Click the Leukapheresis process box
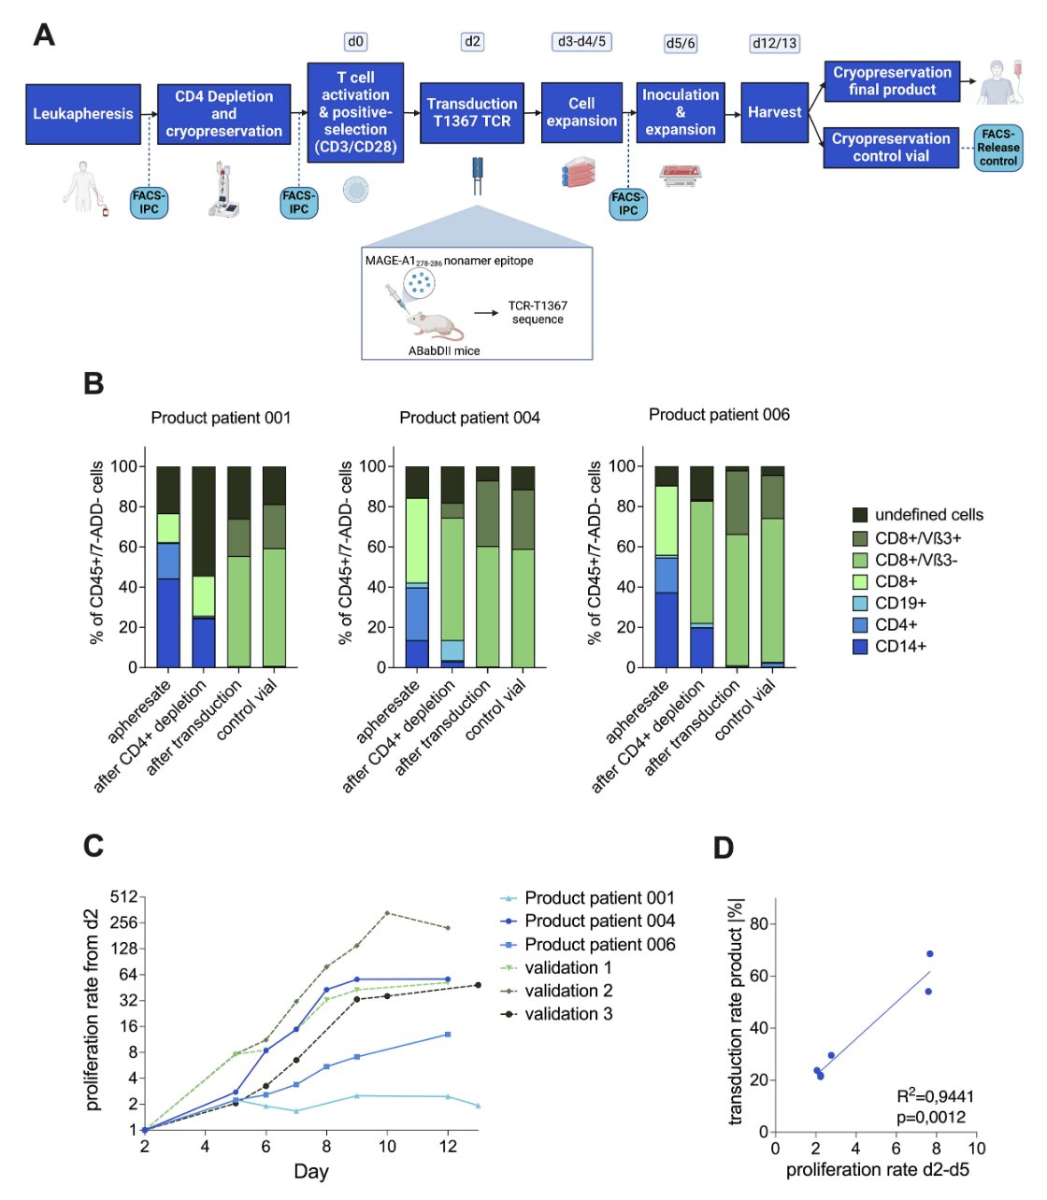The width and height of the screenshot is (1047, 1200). point(83,114)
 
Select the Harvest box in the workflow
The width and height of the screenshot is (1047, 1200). point(774,112)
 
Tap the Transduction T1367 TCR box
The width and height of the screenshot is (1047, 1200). point(471,112)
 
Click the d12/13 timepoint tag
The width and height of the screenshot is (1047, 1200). point(774,43)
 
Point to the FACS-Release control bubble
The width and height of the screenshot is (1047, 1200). point(997,148)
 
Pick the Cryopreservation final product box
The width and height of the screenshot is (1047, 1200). point(892,81)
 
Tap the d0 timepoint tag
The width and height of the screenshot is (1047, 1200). point(355,42)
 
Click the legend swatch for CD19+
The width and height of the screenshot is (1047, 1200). point(859,603)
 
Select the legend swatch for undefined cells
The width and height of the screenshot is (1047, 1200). point(859,515)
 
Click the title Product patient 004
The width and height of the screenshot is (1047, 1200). point(469,418)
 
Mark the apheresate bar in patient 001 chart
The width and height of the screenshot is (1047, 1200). point(168,566)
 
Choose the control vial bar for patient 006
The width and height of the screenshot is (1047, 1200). point(772,566)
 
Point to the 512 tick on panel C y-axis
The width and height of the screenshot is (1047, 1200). point(123,897)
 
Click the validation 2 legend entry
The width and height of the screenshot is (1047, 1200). point(556,991)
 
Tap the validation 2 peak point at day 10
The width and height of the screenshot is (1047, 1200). point(387,913)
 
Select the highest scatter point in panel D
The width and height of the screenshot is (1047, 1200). point(929,954)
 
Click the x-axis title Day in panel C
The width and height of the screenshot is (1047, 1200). point(311,1171)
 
